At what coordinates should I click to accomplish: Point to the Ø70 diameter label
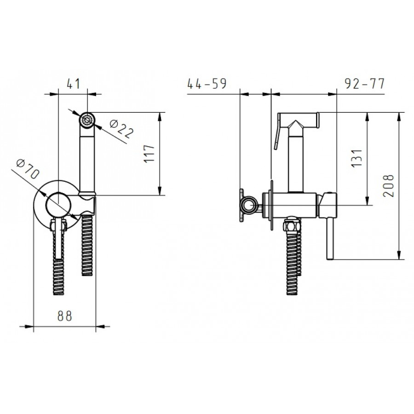coord(28,169)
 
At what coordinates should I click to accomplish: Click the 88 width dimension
coord(65,316)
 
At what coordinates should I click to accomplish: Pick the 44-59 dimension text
coord(207,84)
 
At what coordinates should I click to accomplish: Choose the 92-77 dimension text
coord(364,84)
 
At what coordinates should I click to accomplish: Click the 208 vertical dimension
coord(389,185)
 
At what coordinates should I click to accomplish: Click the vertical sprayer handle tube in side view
coord(297,161)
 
